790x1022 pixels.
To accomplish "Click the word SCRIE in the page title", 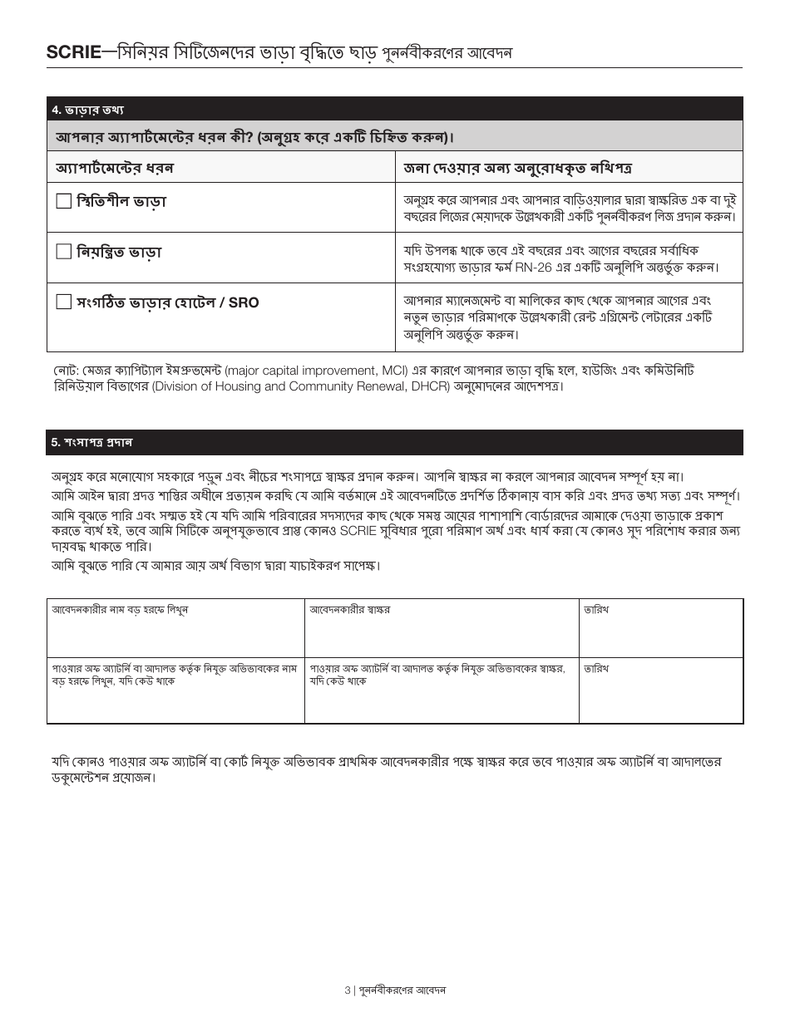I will click(72, 53).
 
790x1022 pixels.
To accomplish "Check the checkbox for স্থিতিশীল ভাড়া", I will click(64, 201).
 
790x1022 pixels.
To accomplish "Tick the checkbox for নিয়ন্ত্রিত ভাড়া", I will click(64, 252).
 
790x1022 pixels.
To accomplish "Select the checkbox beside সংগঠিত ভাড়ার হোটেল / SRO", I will click(64, 302).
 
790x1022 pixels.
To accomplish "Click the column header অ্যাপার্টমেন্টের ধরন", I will click(115, 168).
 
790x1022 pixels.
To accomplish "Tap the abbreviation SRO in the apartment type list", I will click(244, 302).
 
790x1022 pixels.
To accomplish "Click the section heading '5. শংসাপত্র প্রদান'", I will click(91, 442).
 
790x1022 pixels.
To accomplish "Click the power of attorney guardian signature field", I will click(441, 702).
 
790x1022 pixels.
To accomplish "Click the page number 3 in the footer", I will click(347, 990).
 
